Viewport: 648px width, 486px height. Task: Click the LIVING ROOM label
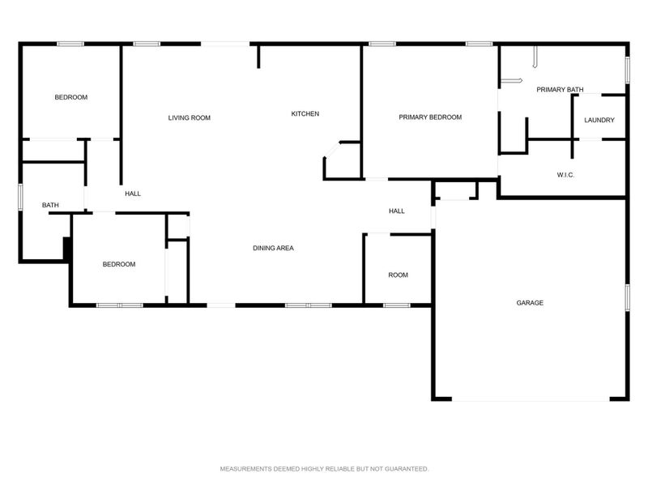coord(189,118)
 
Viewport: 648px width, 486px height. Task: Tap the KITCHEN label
coord(305,114)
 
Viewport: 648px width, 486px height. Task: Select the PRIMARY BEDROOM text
coord(430,117)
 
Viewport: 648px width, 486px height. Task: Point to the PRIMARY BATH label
coord(560,90)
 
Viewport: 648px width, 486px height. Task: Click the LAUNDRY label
coord(599,121)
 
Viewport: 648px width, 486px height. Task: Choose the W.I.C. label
coord(565,175)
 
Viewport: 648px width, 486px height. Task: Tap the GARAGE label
coord(530,303)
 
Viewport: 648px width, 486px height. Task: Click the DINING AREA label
coord(273,248)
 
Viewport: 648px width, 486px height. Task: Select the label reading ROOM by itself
coord(398,275)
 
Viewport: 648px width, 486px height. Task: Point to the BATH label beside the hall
coord(50,206)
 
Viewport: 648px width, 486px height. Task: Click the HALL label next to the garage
coord(396,211)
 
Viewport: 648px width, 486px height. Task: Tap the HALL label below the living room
coord(133,194)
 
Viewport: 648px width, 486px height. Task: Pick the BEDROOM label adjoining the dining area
coord(118,265)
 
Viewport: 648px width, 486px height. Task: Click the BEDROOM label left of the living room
coord(70,97)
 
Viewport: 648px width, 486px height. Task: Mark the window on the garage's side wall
coord(626,296)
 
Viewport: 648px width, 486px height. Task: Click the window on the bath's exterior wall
coord(20,198)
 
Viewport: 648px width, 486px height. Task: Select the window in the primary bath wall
coord(626,69)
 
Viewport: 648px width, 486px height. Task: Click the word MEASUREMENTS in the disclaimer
coord(246,469)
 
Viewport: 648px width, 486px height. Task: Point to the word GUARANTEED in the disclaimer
coord(402,469)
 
